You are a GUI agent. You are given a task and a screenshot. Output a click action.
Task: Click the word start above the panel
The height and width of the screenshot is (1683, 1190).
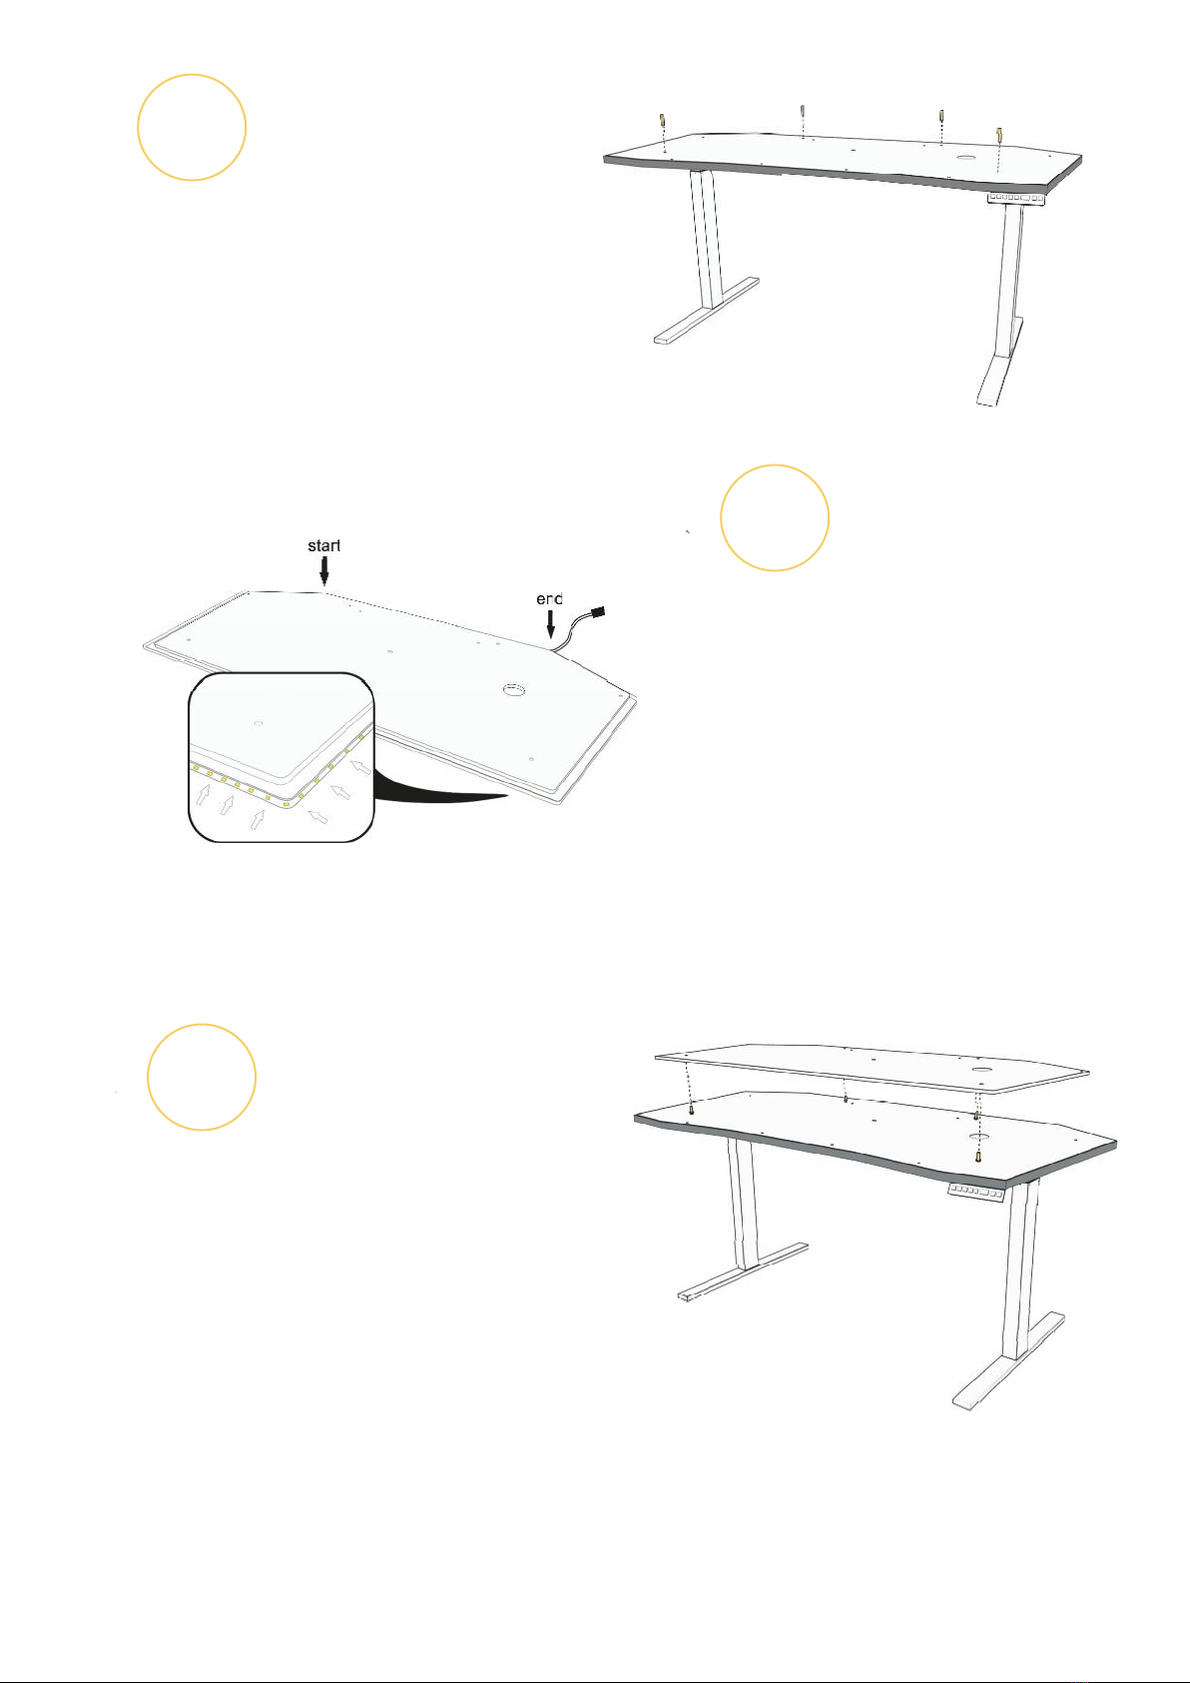(323, 545)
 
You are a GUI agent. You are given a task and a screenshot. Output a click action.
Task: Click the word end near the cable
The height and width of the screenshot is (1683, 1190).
(549, 599)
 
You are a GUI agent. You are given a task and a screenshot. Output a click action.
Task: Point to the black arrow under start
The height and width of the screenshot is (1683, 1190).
(324, 569)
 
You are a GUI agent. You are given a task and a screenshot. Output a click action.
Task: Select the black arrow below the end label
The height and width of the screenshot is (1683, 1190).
(550, 623)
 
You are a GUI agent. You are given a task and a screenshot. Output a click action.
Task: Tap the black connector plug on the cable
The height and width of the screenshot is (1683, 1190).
(601, 611)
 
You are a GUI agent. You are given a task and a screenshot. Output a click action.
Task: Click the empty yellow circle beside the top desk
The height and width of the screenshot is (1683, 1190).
(192, 127)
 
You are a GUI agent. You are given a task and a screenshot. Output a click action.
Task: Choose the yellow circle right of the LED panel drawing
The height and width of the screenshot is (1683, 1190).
(774, 517)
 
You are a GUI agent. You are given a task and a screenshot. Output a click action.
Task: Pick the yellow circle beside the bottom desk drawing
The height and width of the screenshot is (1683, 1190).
(202, 1077)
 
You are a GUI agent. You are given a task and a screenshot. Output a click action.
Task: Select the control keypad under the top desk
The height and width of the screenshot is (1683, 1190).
(1016, 198)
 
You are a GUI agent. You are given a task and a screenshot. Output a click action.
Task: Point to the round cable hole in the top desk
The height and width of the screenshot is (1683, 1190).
(967, 159)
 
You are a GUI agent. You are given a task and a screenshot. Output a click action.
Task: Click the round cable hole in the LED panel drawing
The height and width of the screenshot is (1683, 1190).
(514, 688)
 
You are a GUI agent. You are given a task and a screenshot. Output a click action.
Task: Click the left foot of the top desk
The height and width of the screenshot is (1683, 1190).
(707, 311)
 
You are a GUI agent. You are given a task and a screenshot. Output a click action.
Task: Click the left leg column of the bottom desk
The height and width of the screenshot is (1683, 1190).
(742, 1204)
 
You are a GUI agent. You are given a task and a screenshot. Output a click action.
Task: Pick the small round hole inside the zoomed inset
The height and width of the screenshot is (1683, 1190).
(258, 723)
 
